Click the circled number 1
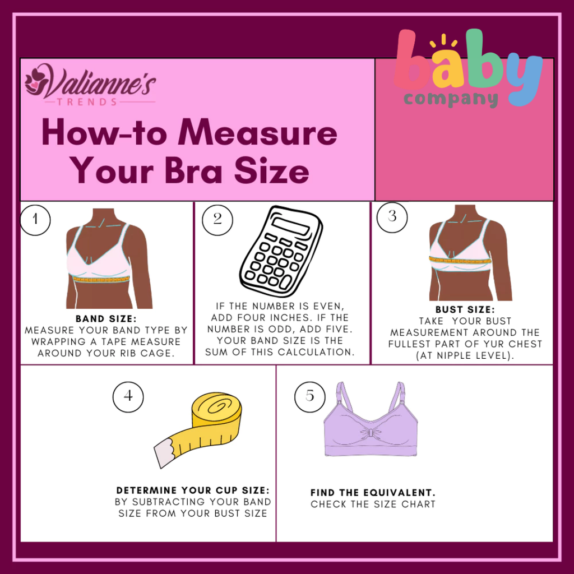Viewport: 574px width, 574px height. point(35,220)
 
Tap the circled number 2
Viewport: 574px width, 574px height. point(217,220)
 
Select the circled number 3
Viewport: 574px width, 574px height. point(392,217)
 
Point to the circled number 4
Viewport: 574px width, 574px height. point(128,397)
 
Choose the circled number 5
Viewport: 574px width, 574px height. point(309,397)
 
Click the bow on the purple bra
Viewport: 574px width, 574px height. point(371,433)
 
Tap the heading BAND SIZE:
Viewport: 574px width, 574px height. point(106,318)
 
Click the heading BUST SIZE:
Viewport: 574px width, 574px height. point(465,309)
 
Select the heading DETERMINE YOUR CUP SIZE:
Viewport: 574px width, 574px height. point(193,490)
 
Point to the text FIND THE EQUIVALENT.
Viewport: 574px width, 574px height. point(373,492)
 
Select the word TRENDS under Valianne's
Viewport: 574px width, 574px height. point(87,102)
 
